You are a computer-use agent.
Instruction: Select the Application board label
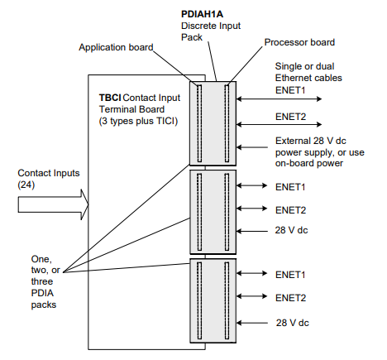pyautogui.click(x=116, y=47)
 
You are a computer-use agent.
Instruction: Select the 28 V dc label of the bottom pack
pyautogui.click(x=293, y=322)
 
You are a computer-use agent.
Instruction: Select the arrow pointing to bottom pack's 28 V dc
pyautogui.click(x=255, y=322)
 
